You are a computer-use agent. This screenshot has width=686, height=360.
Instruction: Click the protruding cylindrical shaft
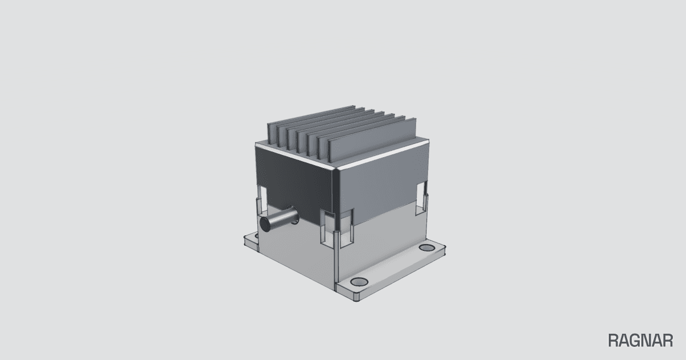tap(279, 219)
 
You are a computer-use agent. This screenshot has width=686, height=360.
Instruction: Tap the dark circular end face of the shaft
tap(265, 224)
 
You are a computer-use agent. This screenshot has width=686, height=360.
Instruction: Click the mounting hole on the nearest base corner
tap(359, 282)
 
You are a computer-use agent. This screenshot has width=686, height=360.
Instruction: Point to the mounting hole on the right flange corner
tap(427, 247)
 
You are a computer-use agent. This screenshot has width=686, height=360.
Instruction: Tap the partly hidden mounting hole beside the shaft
tap(256, 235)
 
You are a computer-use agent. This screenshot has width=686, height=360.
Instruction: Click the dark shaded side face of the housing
tap(294, 181)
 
